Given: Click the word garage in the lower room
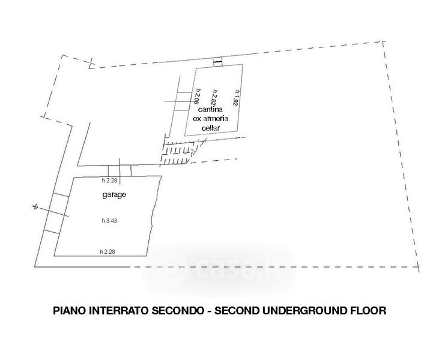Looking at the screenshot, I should click(x=114, y=196).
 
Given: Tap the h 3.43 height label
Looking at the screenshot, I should click(x=110, y=221).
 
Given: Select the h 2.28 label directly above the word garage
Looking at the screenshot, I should click(x=110, y=181).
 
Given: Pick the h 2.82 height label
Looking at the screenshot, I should click(x=214, y=97).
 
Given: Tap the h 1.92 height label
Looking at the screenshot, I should click(x=236, y=97).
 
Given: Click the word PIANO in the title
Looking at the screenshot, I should click(x=69, y=311).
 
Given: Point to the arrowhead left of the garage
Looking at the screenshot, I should click(x=35, y=207).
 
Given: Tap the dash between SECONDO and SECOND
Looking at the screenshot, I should click(x=211, y=311).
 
